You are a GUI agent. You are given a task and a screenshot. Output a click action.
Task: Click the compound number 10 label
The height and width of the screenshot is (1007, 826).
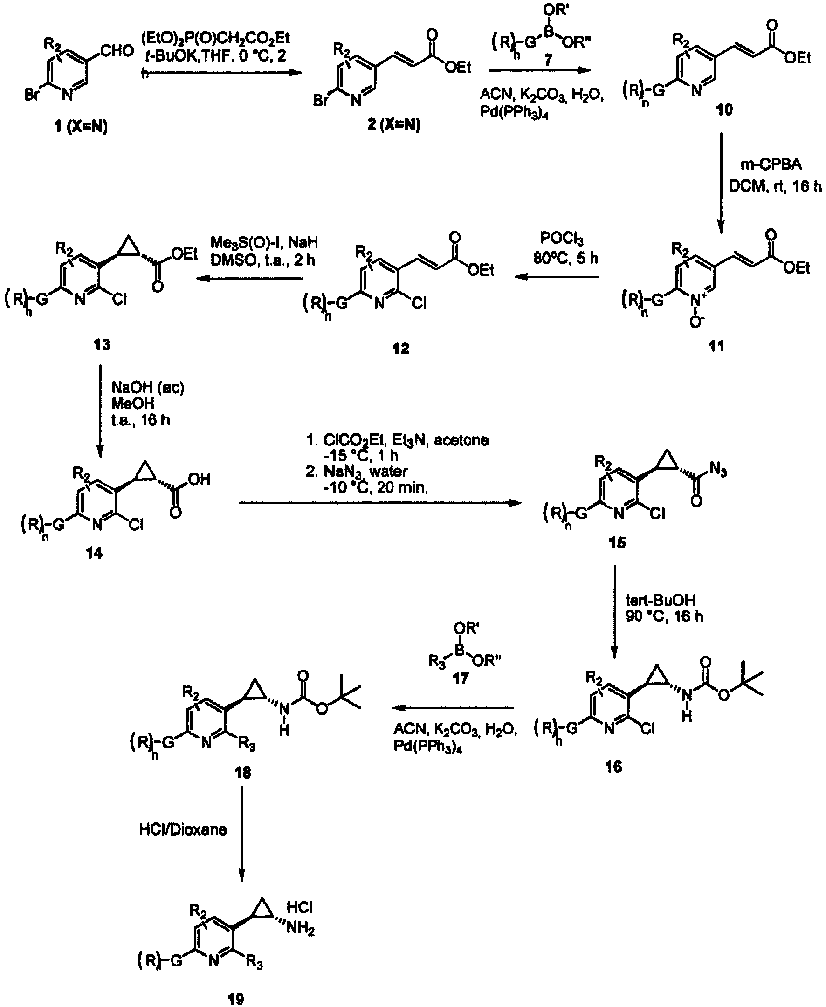pos(724,110)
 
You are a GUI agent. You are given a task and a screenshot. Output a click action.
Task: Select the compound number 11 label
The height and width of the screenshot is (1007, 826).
pos(716,346)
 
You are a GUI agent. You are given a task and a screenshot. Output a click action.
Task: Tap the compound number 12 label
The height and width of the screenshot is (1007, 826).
pos(400,349)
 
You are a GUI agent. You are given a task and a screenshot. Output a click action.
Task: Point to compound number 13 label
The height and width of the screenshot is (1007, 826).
pos(102,344)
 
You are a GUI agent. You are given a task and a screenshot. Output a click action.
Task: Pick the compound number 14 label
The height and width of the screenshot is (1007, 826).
pos(94,553)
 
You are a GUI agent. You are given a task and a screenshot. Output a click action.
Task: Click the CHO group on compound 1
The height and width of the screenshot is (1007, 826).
pos(117,51)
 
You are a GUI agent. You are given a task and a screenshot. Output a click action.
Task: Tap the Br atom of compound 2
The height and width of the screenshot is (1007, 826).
pos(321,101)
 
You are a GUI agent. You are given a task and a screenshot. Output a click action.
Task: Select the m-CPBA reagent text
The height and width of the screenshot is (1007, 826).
pos(771,165)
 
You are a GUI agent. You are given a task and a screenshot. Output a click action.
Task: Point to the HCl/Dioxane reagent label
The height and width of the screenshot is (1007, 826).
pos(183,830)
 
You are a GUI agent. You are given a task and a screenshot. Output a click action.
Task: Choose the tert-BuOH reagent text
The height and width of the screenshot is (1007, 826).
pos(660,600)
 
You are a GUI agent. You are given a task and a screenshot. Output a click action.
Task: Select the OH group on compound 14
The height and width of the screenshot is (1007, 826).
pos(200,479)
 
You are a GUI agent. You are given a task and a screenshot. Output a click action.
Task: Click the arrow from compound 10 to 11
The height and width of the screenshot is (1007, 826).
pos(720,183)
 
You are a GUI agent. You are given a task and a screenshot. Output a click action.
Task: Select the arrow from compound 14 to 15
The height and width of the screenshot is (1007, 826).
pos(381,503)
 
